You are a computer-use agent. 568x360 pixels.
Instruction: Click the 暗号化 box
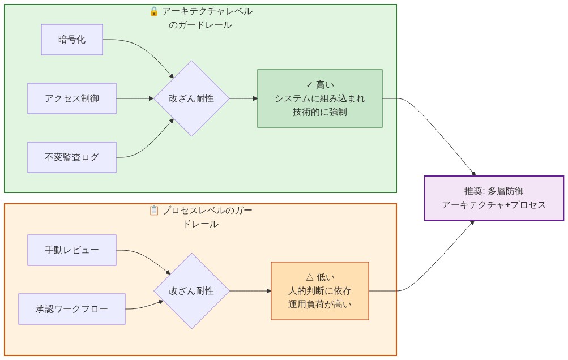(72, 40)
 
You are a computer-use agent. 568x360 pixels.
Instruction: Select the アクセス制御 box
(72, 98)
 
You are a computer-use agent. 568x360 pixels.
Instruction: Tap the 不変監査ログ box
(72, 157)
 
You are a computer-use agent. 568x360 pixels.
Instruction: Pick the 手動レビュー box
(72, 250)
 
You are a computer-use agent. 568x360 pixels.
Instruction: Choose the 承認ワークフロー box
(72, 309)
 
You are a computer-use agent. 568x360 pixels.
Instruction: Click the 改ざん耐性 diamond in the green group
(191, 98)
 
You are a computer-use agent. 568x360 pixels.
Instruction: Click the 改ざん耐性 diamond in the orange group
(191, 291)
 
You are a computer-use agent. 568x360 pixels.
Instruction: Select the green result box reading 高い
(320, 98)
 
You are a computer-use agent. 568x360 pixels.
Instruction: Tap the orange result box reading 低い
(320, 291)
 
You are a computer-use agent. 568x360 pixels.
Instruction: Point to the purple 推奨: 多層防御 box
(494, 198)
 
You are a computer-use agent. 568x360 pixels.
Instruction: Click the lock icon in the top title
(154, 11)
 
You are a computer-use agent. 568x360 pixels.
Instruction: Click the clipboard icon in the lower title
(154, 211)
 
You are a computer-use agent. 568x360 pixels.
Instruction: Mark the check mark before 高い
(309, 85)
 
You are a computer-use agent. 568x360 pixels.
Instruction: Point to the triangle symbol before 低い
(309, 277)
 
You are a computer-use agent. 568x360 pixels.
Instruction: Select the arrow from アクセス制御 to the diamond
(135, 98)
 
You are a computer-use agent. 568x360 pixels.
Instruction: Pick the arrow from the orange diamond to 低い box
(250, 291)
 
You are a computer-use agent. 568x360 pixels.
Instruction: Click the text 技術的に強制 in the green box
(320, 112)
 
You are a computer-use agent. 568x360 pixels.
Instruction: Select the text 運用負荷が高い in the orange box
(320, 305)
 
